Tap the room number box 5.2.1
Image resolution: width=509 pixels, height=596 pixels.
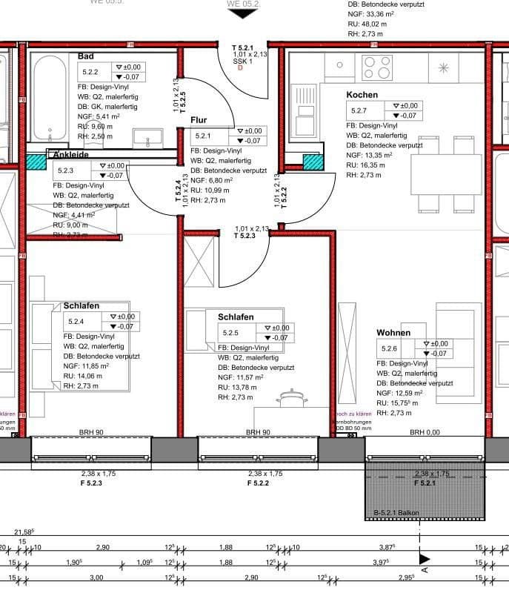click(x=203, y=136)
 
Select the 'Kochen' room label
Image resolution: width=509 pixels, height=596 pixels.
click(x=362, y=95)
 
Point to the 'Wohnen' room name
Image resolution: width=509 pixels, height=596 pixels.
click(x=393, y=333)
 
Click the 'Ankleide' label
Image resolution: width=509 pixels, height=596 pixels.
click(x=70, y=155)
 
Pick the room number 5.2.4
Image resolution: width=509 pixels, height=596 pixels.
click(x=76, y=322)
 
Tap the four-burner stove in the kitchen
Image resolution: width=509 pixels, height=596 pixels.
click(x=376, y=68)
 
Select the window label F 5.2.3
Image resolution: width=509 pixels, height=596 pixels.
click(x=92, y=483)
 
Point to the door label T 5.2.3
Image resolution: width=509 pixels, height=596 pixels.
click(x=244, y=236)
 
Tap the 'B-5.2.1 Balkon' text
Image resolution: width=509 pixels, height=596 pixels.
click(x=397, y=512)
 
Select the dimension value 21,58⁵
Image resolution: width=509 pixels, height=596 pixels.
click(x=25, y=532)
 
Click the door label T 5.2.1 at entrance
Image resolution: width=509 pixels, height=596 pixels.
click(x=244, y=47)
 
